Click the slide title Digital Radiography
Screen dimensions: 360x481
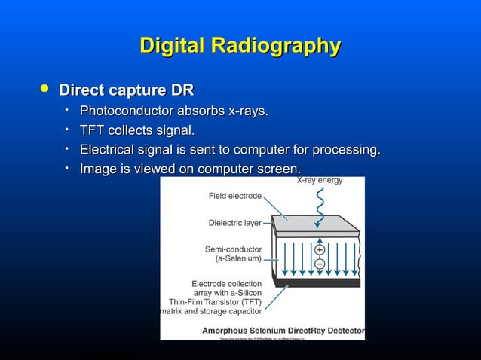coord(240,46)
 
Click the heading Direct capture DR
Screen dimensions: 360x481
coord(126,91)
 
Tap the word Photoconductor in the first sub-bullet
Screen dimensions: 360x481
coord(121,111)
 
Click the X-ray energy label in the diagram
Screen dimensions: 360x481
coord(319,181)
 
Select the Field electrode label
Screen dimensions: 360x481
coord(235,196)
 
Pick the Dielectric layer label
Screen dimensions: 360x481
coord(235,223)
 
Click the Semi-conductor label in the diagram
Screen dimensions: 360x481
coord(234,249)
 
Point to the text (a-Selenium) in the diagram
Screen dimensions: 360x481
coord(239,258)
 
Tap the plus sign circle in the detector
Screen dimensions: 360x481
coord(320,250)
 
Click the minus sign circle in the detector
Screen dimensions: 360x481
coord(320,264)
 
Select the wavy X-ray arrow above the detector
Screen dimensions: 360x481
coord(319,200)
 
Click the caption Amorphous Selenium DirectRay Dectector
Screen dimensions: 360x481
coord(283,330)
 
